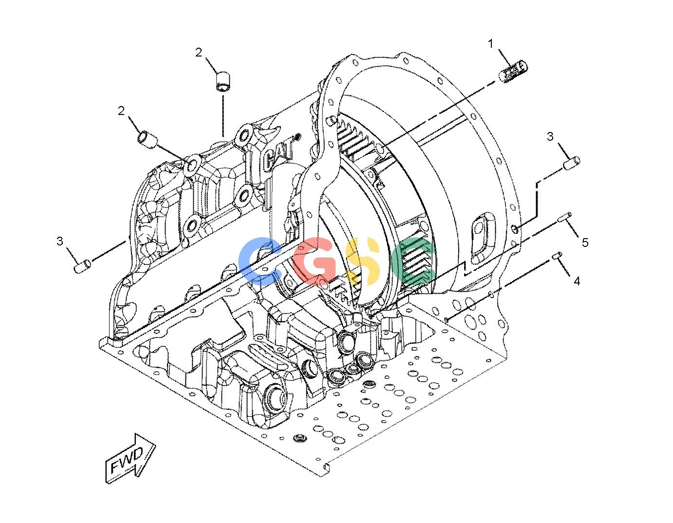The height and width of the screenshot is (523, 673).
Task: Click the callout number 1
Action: pyautogui.click(x=490, y=44)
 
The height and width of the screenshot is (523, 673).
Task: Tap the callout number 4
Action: pyautogui.click(x=577, y=281)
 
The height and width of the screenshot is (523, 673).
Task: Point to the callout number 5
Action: pyautogui.click(x=585, y=242)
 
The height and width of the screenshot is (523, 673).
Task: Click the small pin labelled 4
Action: pyautogui.click(x=557, y=257)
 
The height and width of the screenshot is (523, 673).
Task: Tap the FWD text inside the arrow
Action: pyautogui.click(x=127, y=461)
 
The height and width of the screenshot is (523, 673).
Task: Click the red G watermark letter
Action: pyautogui.click(x=315, y=261)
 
